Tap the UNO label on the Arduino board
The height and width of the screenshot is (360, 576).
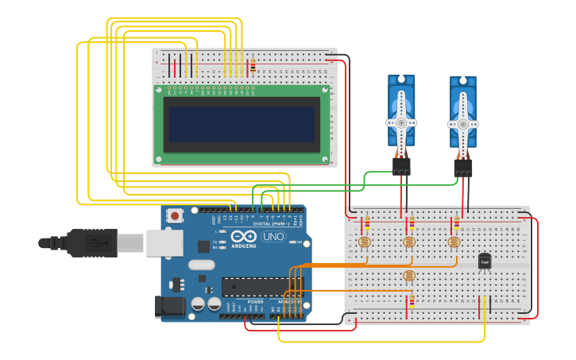(273, 237)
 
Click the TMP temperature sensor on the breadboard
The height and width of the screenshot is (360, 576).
(484, 261)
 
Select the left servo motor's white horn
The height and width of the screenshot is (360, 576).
(401, 122)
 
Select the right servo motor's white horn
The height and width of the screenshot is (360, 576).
(463, 124)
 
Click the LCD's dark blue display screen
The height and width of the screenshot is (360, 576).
(242, 125)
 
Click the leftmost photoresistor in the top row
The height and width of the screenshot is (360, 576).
(365, 242)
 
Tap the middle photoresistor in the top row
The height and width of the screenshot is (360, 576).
(409, 242)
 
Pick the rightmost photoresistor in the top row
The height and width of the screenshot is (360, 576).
(454, 242)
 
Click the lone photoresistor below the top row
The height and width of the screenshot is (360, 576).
(409, 276)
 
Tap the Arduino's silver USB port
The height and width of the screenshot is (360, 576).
(164, 242)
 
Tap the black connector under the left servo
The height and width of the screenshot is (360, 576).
(401, 166)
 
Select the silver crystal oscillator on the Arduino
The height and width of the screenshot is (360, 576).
(202, 265)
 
